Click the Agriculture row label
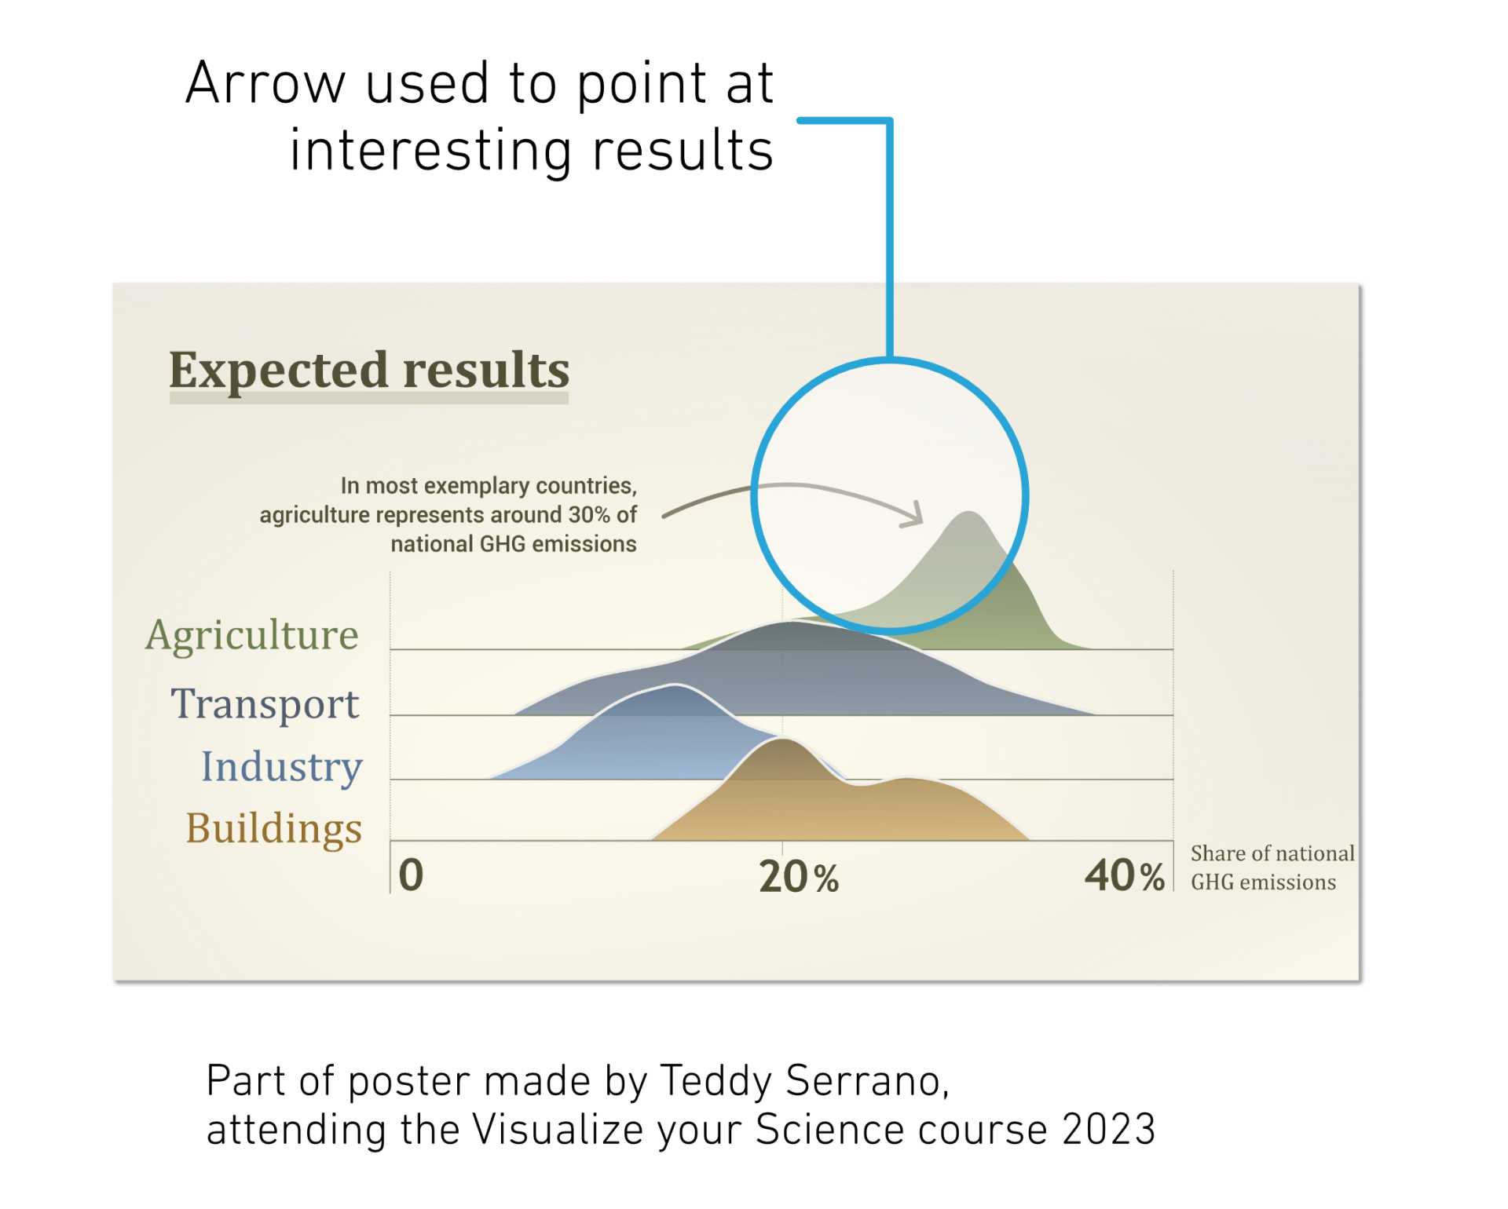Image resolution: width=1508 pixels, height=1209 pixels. (x=252, y=636)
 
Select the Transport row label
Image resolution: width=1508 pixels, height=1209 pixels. (x=265, y=704)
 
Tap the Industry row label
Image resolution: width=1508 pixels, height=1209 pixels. (x=282, y=767)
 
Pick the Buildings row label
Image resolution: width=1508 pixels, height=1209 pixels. (x=274, y=829)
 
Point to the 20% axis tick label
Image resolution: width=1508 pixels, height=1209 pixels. (x=799, y=876)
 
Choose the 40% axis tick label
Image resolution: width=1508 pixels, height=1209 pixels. (x=1125, y=875)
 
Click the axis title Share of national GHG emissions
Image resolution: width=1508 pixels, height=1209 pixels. (x=1272, y=867)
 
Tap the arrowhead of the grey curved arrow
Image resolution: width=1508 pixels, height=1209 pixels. (x=916, y=515)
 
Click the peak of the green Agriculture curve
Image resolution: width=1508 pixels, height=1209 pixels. (x=970, y=513)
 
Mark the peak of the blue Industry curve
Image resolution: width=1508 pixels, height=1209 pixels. (x=673, y=686)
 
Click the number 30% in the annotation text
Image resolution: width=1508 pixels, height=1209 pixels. (x=589, y=515)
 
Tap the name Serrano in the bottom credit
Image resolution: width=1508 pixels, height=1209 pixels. (x=867, y=1081)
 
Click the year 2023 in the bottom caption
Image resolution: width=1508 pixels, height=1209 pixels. (x=1109, y=1130)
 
